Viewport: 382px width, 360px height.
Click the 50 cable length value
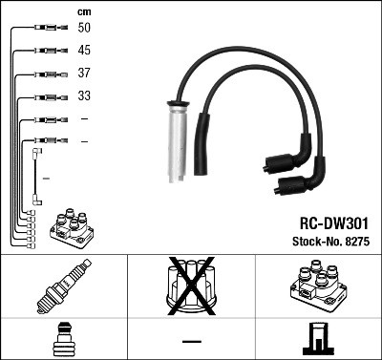pos(84,30)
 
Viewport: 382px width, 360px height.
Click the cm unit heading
pos(83,11)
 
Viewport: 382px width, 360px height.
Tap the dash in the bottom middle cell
pos(191,341)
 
